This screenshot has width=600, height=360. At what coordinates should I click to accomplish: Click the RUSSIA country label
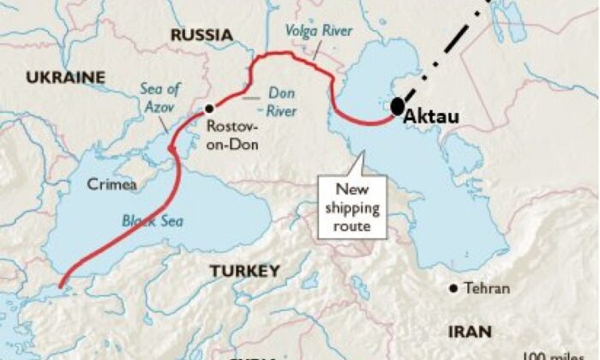coord(201,35)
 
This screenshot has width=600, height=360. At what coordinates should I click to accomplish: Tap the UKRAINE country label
coord(64,78)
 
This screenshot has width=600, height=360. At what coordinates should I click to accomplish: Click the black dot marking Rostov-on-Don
coord(208,109)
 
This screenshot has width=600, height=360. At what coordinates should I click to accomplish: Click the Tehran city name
coord(486,289)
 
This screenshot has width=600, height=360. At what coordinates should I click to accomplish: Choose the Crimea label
coord(111,183)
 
